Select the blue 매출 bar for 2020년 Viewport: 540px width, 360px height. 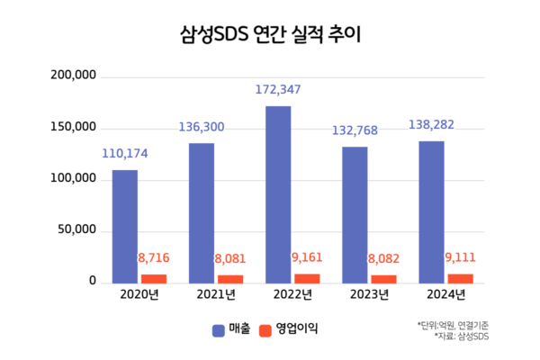(124, 226)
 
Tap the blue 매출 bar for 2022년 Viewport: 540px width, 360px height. (278, 194)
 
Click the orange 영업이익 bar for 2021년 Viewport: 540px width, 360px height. (230, 279)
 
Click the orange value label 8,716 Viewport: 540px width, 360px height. (155, 259)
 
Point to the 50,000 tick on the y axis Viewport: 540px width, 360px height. (75, 231)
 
